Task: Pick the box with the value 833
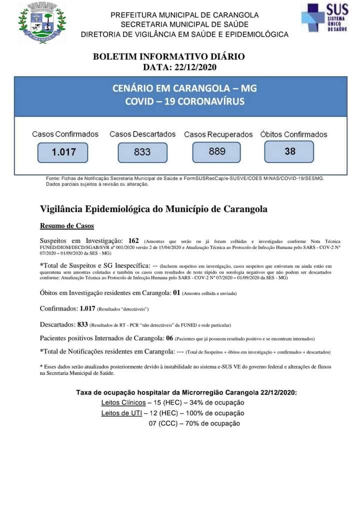pos(142,152)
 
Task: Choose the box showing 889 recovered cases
pos(217,151)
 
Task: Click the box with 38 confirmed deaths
pos(289,151)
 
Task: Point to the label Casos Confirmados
pos(65,134)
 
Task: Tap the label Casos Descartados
pos(142,134)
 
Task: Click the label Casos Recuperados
pos(218,134)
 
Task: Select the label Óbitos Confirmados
pos(293,134)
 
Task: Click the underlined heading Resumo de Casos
pos(66,225)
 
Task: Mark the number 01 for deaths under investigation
pos(176,292)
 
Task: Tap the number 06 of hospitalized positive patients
pos(170,338)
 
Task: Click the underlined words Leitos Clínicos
pos(123,402)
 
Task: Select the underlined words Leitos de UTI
pos(121,413)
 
